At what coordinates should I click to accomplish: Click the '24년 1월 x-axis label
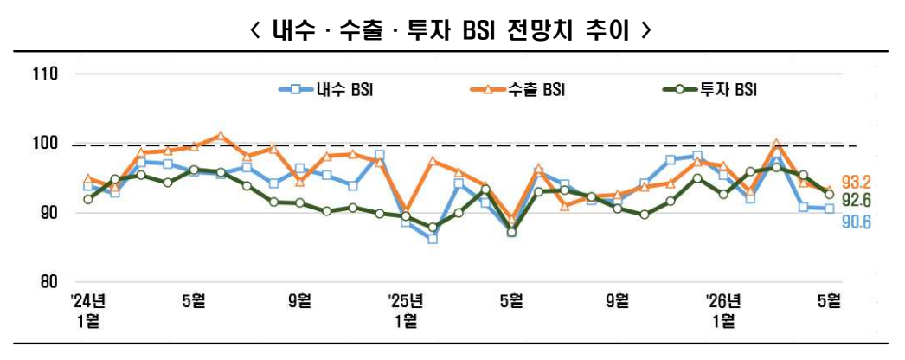click(x=87, y=310)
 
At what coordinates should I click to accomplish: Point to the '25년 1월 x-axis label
click(x=405, y=310)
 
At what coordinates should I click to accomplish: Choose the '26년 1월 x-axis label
click(x=722, y=310)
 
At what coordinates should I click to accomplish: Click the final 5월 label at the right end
click(x=828, y=301)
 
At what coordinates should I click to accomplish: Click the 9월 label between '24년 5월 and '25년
click(x=299, y=301)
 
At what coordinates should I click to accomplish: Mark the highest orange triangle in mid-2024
click(x=221, y=136)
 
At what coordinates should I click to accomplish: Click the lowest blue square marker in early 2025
click(x=433, y=238)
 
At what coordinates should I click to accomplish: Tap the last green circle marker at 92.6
click(x=829, y=194)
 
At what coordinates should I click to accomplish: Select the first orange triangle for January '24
click(x=88, y=179)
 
